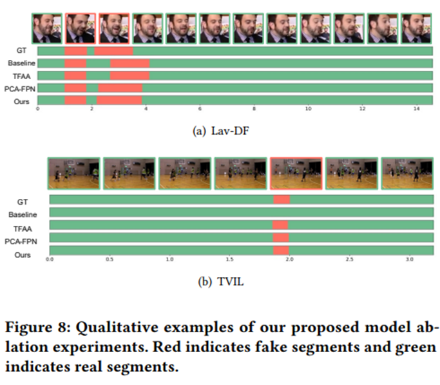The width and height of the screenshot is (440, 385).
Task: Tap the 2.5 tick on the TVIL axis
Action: [350, 260]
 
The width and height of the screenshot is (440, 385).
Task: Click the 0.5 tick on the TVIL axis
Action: [110, 260]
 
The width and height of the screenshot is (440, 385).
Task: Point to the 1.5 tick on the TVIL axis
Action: [229, 260]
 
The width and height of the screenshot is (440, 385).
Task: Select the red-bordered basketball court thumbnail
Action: [296, 173]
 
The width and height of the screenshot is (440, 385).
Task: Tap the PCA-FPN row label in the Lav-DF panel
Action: [21, 88]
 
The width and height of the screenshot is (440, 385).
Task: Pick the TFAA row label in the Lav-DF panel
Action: [25, 75]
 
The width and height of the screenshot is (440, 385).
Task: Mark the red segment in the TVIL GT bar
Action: [282, 200]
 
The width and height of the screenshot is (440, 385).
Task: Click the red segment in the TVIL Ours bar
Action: [281, 250]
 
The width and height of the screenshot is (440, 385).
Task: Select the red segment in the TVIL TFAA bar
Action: [280, 225]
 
